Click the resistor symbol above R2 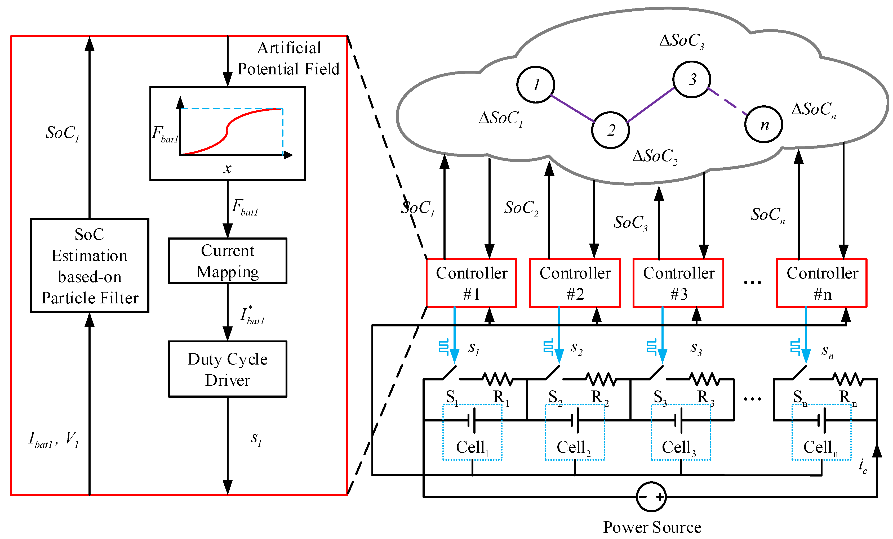point(601,379)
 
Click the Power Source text point(652,527)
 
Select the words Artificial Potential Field point(288,58)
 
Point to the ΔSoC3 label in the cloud point(682,41)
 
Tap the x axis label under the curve point(227,168)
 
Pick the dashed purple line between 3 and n point(728,102)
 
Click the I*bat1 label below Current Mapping point(252,315)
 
